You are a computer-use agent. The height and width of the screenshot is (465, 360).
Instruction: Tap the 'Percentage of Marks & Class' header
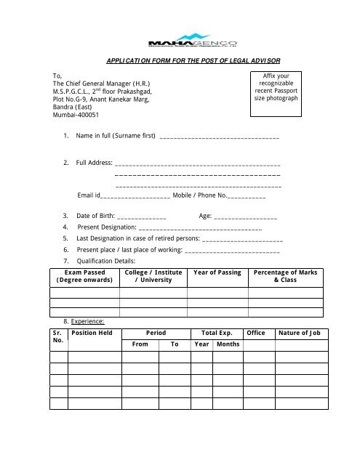284,276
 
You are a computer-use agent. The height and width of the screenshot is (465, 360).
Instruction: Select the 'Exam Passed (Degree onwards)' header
85,276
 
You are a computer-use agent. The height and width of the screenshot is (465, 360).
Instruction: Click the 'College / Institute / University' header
153,276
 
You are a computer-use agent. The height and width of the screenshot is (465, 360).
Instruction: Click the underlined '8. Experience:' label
83,320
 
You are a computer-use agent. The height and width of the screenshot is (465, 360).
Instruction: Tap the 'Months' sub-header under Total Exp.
227,345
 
